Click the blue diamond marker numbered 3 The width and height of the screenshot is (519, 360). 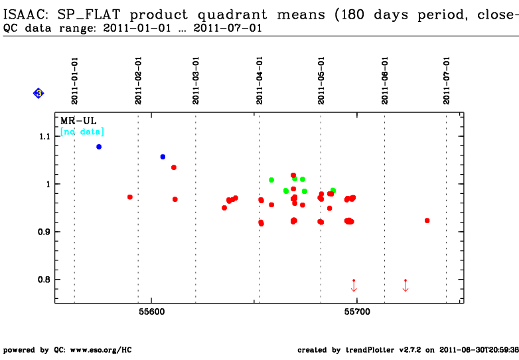38,94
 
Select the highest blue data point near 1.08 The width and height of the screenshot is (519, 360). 99,147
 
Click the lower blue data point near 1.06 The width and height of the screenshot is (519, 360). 163,157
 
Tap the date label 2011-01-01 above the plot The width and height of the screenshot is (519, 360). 74,81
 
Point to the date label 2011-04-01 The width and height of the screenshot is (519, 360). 259,81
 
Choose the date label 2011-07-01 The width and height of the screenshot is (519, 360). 447,81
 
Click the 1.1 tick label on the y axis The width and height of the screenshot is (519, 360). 44,136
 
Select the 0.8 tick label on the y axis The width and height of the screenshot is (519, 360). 44,280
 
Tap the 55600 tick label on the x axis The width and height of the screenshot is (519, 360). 151,312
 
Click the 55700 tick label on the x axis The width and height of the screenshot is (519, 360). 357,312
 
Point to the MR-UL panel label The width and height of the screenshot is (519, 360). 78,120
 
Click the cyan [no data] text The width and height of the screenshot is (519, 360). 82,132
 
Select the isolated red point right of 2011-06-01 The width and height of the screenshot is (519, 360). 427,221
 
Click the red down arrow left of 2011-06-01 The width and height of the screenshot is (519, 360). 354,286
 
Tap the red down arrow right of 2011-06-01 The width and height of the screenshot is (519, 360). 406,286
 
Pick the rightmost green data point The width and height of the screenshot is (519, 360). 333,191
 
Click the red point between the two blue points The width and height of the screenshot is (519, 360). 130,197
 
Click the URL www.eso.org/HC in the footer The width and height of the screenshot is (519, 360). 101,350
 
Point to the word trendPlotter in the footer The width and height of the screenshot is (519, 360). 370,350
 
